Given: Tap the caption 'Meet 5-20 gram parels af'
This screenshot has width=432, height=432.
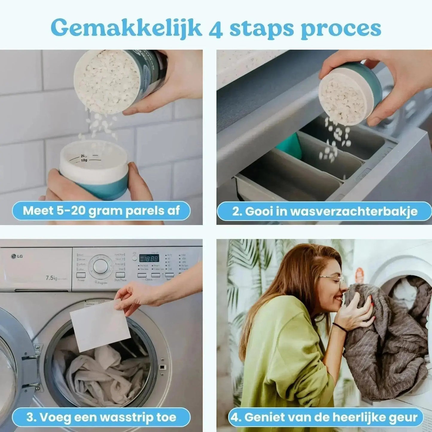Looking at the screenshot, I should pos(101,211).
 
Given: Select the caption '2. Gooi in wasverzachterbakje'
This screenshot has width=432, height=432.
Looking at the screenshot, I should pos(325,211).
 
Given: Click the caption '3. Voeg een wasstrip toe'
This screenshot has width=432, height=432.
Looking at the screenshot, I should pos(101,417).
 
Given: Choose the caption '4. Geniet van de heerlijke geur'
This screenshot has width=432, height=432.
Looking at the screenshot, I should pos(325,417).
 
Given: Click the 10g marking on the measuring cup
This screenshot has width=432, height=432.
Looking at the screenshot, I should pos(84,161).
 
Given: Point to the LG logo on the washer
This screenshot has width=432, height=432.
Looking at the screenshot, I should pos(17,256).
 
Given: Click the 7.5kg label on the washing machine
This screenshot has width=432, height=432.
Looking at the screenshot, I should pos(51,278).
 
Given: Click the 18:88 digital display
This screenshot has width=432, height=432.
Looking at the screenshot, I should pos(149,258).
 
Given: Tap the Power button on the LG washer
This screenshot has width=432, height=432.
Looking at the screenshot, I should pos(81,275).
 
